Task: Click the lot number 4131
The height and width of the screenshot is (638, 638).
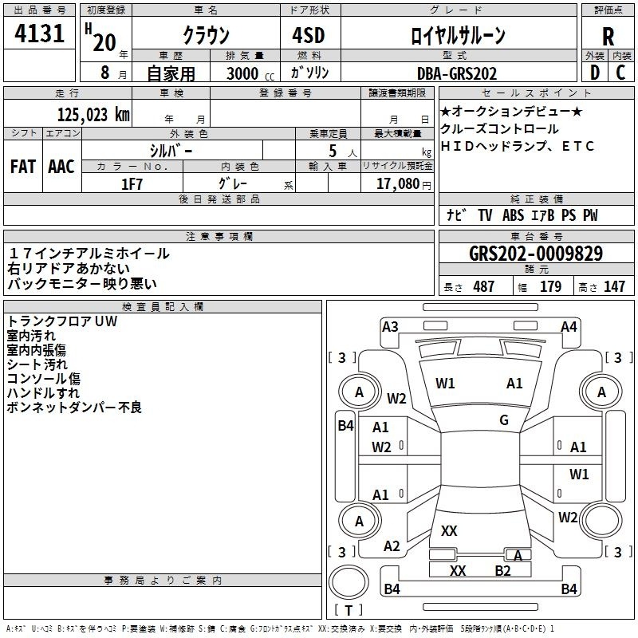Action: click(x=41, y=34)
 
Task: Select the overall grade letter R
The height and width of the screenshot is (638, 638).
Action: click(x=608, y=36)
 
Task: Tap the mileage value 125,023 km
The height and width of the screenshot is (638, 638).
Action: click(x=94, y=114)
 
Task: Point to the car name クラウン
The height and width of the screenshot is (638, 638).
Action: click(x=205, y=36)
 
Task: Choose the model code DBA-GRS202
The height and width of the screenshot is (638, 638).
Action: click(x=457, y=73)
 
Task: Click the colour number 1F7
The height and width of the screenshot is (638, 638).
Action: click(x=132, y=183)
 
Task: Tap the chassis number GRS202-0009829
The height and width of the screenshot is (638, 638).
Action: click(x=536, y=254)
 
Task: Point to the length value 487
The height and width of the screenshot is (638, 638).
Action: click(x=483, y=287)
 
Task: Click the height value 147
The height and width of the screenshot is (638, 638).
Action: click(x=614, y=287)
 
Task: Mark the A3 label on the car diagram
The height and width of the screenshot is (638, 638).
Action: click(x=390, y=326)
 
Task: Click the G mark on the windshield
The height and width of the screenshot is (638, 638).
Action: click(x=504, y=420)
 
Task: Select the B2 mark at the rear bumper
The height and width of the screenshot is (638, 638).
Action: click(x=502, y=570)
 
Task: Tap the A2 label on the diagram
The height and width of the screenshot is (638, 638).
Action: click(x=392, y=546)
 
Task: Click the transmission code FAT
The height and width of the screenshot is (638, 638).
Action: click(x=22, y=167)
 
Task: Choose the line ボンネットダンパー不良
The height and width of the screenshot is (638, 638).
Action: click(x=74, y=408)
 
